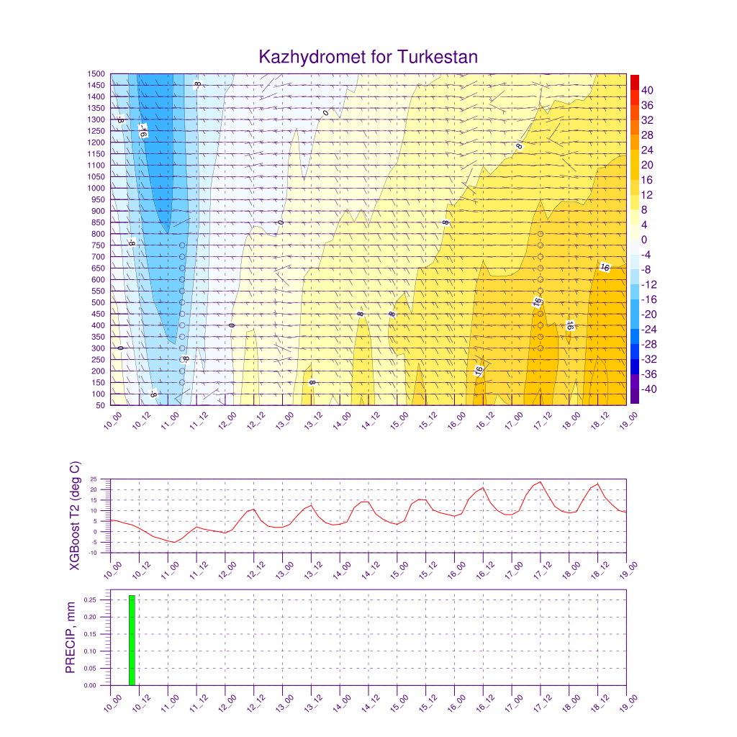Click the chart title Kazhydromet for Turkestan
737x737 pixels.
[x=368, y=57]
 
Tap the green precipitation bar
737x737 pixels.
[x=132, y=640]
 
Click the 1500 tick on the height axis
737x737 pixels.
[x=96, y=73]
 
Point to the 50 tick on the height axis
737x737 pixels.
[x=99, y=405]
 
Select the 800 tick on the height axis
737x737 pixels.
[x=98, y=234]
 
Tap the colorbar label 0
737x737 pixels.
[x=643, y=240]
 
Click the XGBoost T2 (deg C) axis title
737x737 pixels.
[x=75, y=515]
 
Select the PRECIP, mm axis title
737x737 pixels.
[x=71, y=637]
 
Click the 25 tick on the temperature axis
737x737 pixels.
[x=103, y=479]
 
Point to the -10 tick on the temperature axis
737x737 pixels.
[x=101, y=553]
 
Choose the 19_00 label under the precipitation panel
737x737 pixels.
[x=621, y=704]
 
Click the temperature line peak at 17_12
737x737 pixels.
[x=540, y=481]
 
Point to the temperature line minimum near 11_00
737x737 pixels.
[x=173, y=542]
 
